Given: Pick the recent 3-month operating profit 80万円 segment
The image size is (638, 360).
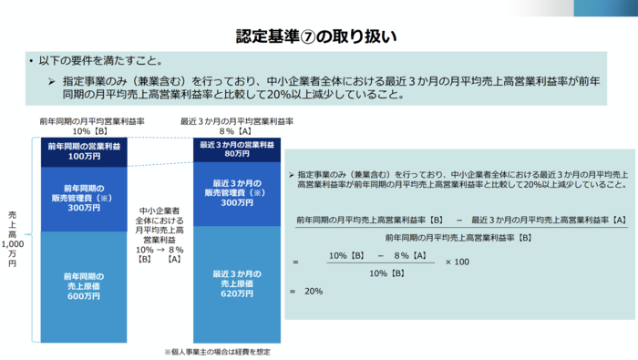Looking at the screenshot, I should pos(237,149).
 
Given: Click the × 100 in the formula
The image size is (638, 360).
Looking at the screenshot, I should pos(457,262).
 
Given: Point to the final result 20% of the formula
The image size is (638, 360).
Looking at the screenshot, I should pos(314,292).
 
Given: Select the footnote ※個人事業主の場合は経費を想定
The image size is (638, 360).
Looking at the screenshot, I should pos(217,352).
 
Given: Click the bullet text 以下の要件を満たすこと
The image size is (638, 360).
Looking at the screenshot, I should pos(99,61).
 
